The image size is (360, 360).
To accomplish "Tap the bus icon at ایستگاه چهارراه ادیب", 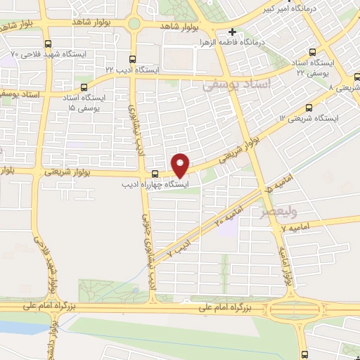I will [155, 173].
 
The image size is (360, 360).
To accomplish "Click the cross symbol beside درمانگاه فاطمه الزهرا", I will [233, 32].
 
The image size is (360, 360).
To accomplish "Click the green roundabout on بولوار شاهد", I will [134, 23].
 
